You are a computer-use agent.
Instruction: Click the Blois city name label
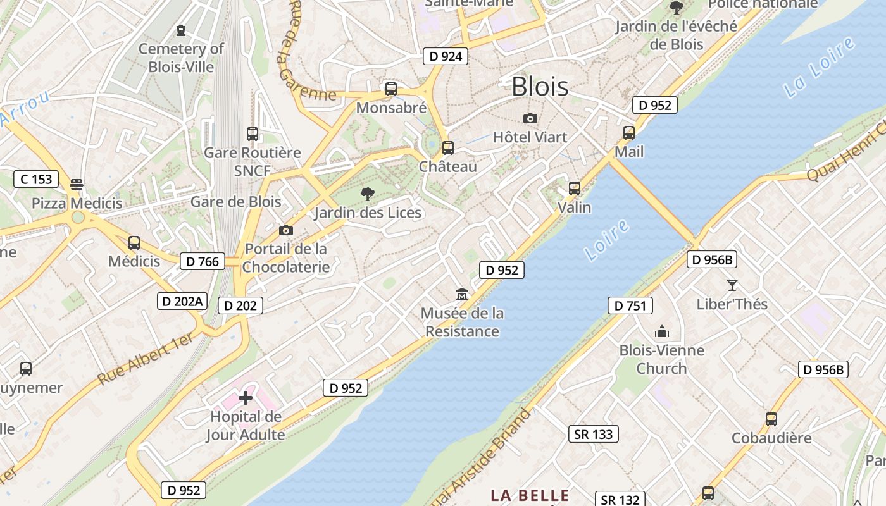pos(540,86)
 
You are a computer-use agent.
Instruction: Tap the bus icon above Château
pos(448,148)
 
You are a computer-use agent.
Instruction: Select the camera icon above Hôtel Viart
pos(530,118)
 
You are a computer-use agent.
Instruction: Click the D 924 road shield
pos(446,56)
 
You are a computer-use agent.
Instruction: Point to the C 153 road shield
pos(36,179)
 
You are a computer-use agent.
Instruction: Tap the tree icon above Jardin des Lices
pos(367,194)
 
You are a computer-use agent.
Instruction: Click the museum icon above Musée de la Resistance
pos(462,295)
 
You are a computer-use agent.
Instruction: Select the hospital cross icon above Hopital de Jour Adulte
pos(246,398)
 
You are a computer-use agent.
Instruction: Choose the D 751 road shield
pos(630,305)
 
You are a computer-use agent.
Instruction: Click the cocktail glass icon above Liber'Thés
pos(732,285)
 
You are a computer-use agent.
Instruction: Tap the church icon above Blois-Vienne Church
pos(662,331)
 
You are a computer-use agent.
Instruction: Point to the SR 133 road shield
pos(594,434)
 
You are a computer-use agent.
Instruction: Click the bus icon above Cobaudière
pos(771,419)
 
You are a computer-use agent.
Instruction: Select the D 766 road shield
pos(203,261)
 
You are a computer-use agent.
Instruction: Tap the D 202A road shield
pos(182,301)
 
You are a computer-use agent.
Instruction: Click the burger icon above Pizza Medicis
pos(77,185)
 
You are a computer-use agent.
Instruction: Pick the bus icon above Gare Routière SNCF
pos(253,134)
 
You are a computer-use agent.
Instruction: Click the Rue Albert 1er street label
pos(146,359)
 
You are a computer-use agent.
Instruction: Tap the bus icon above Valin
pos(575,188)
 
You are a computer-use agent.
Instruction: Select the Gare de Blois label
pos(236,202)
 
